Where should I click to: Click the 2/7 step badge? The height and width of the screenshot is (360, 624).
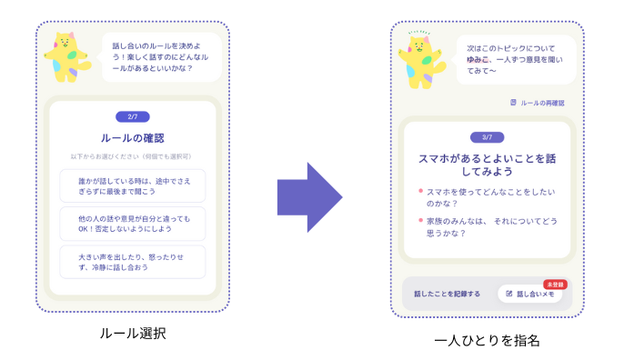click(133, 116)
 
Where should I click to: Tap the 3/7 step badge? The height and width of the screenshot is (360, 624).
click(487, 137)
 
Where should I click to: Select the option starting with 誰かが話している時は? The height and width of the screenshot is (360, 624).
click(133, 185)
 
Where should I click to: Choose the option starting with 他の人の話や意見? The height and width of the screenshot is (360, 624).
click(133, 224)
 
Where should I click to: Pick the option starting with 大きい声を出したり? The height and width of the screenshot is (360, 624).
click(133, 262)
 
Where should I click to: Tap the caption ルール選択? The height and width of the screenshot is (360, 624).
click(133, 334)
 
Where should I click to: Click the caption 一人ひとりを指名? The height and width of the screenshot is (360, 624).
click(488, 340)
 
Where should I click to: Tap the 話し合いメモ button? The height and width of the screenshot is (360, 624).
click(530, 294)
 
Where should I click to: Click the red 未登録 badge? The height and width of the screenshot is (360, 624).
click(555, 284)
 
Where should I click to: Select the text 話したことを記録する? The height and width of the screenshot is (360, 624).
click(447, 294)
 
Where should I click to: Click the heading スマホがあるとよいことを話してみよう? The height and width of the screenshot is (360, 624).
click(487, 164)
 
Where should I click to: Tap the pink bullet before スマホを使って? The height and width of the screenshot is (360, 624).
click(419, 191)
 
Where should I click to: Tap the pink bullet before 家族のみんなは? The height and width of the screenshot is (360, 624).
click(419, 220)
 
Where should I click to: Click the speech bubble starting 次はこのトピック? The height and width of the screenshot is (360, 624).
click(514, 56)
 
